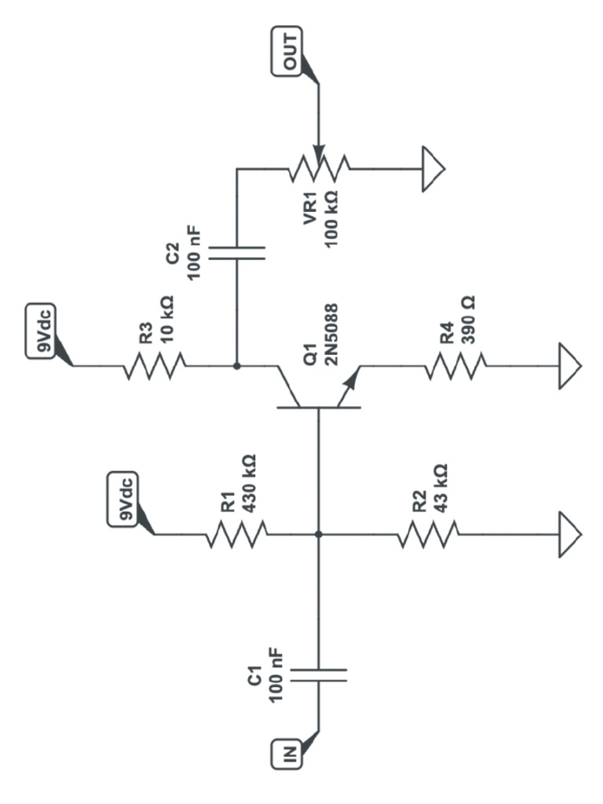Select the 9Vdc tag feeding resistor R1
(x=124, y=499)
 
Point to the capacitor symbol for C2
(x=237, y=254)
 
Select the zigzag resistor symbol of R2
(x=429, y=535)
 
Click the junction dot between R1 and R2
(x=319, y=535)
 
